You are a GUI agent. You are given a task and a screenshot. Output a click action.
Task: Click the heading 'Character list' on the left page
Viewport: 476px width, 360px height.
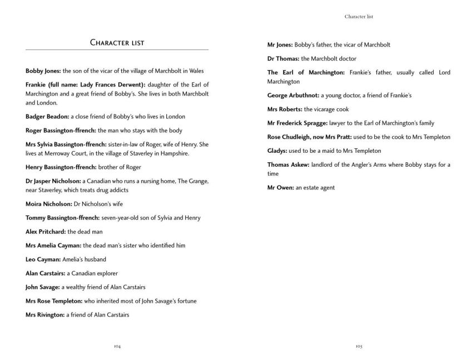click(x=117, y=43)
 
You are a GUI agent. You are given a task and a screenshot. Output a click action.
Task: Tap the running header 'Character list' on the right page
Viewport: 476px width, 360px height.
click(x=359, y=17)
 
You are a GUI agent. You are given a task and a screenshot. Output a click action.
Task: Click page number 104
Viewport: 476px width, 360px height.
click(x=117, y=346)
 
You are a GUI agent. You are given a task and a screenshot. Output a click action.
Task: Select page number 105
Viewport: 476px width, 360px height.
click(x=359, y=346)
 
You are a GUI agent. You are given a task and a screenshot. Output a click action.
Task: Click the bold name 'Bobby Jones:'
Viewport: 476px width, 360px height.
click(x=43, y=71)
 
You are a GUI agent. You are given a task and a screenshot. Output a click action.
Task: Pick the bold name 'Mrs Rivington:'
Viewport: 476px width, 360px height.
click(x=46, y=315)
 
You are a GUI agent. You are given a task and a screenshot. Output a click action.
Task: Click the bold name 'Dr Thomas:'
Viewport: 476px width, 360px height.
click(x=283, y=58)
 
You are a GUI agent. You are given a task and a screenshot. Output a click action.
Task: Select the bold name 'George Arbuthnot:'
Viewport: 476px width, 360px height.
click(x=292, y=96)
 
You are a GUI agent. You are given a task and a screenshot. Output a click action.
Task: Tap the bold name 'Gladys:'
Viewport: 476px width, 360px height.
click(x=277, y=151)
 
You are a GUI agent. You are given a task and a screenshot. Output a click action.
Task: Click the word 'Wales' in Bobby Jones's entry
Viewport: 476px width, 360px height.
click(x=196, y=71)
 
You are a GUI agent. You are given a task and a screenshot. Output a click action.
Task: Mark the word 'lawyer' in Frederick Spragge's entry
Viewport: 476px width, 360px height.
click(x=328, y=123)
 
